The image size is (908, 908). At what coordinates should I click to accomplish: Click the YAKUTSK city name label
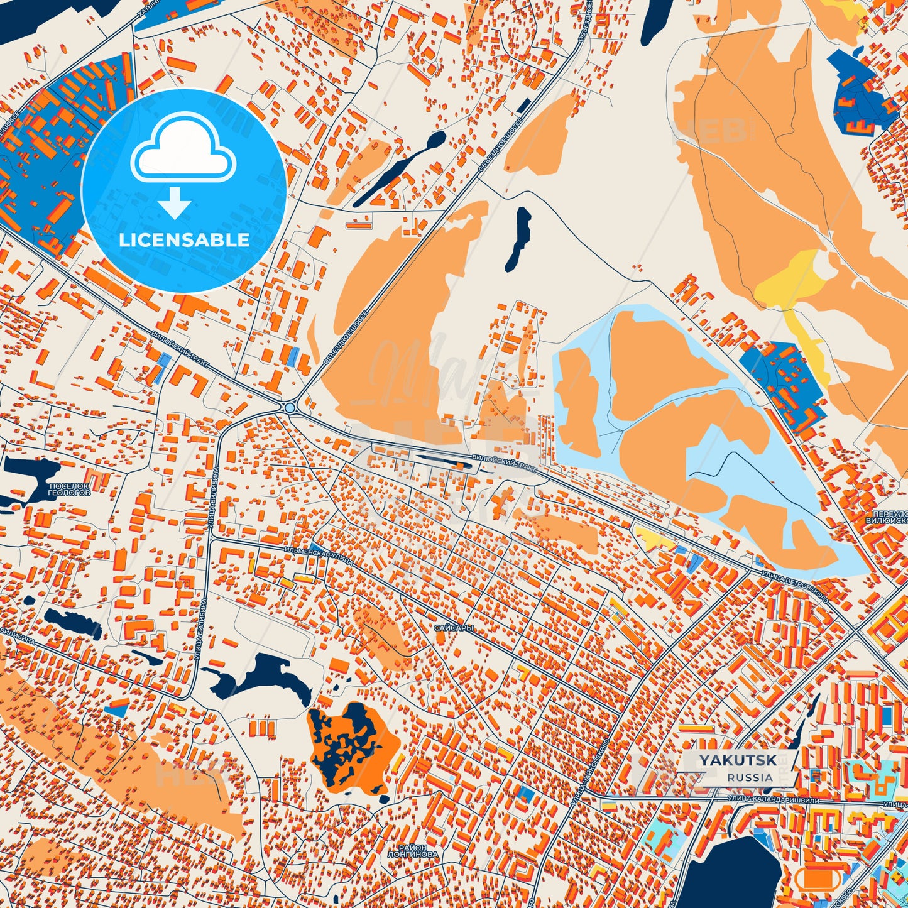click(x=738, y=760)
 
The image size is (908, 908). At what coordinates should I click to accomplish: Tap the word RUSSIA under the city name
click(x=750, y=777)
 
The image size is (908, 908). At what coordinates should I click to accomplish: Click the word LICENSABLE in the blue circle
click(x=184, y=240)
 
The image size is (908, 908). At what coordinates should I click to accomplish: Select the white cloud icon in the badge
click(x=183, y=150)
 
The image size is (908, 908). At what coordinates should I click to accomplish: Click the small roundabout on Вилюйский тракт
click(x=289, y=408)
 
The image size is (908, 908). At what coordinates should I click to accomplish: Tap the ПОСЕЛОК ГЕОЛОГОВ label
click(x=69, y=490)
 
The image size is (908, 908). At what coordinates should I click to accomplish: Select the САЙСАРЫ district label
click(x=452, y=628)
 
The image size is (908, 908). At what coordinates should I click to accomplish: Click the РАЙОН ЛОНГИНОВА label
click(x=412, y=850)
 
